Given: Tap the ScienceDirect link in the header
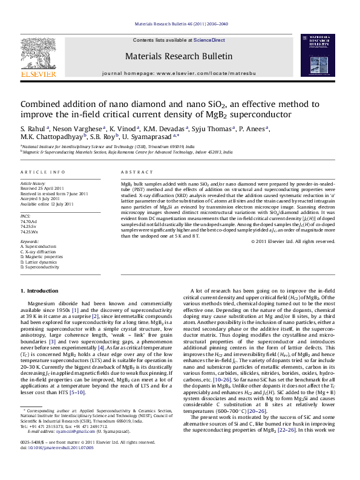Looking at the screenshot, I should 209,40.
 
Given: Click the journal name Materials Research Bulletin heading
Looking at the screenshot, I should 178,56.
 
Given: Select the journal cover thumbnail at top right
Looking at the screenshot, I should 319,57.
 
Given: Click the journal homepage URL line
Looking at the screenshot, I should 179,73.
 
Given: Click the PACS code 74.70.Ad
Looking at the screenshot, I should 29,222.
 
